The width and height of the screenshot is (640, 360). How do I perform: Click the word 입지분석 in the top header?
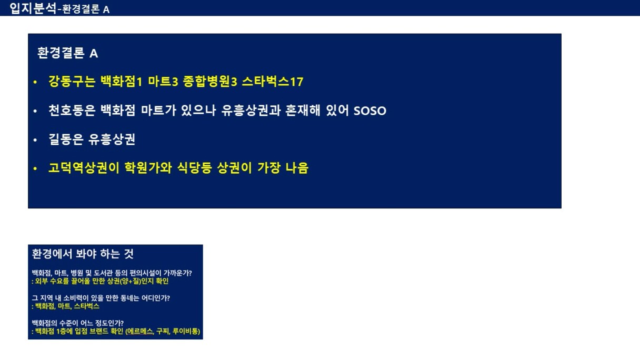(33, 8)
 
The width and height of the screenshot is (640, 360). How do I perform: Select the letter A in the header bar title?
(106, 10)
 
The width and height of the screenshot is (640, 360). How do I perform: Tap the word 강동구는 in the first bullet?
(72, 82)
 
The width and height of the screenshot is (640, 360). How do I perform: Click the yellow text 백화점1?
(121, 82)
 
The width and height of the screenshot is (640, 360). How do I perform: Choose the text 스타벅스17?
(273, 82)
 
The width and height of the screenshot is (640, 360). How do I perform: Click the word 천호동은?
(72, 111)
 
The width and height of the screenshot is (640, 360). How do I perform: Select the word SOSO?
(370, 111)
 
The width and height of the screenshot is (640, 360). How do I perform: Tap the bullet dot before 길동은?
(35, 140)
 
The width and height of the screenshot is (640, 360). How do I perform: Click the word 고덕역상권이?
(84, 168)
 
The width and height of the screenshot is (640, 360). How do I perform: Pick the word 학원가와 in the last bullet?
(148, 168)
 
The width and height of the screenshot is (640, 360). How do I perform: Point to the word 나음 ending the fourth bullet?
(297, 168)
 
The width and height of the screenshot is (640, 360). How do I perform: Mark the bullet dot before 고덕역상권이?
(35, 168)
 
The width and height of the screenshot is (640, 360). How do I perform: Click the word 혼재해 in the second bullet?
(303, 111)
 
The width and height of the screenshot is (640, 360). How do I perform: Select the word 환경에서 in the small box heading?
(52, 254)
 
